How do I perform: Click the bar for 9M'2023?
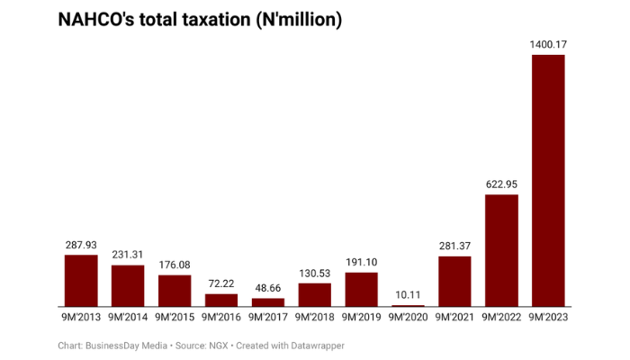[548, 180]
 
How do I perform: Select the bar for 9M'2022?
[501, 250]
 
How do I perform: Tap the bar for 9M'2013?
[80, 280]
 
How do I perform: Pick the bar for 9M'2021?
[454, 281]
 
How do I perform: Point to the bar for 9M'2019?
[361, 289]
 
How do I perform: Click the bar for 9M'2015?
[174, 291]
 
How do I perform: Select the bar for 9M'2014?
[127, 285]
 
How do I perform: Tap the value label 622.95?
[501, 184]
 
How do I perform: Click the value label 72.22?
[220, 283]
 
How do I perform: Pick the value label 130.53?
[314, 272]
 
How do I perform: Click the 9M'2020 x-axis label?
[408, 317]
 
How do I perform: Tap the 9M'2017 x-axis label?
[267, 317]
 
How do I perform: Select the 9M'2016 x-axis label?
[220, 317]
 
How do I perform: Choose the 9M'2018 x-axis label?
[314, 317]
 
